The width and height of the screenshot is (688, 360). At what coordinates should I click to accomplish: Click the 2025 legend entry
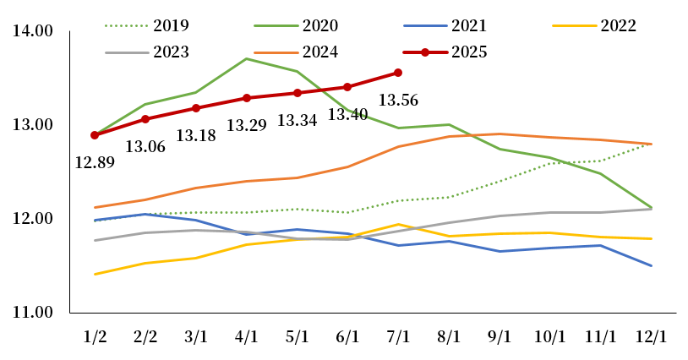click(x=469, y=52)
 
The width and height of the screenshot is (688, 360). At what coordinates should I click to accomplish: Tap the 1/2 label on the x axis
click(x=95, y=335)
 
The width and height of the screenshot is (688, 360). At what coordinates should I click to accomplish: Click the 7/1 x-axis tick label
click(x=398, y=335)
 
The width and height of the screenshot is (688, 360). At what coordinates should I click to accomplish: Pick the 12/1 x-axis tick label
click(x=651, y=335)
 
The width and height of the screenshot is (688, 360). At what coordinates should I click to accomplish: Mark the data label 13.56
click(x=399, y=101)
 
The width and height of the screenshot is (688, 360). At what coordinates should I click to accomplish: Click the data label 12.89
click(x=95, y=162)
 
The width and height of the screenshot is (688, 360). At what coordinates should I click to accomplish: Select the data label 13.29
click(x=247, y=126)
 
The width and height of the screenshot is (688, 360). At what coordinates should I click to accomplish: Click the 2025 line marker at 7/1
click(x=398, y=73)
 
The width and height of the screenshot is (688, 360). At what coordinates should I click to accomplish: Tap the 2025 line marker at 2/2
click(x=145, y=119)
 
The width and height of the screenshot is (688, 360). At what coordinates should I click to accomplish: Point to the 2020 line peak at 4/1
click(x=246, y=58)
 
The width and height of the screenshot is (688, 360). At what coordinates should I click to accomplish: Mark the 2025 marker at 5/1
click(x=297, y=93)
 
